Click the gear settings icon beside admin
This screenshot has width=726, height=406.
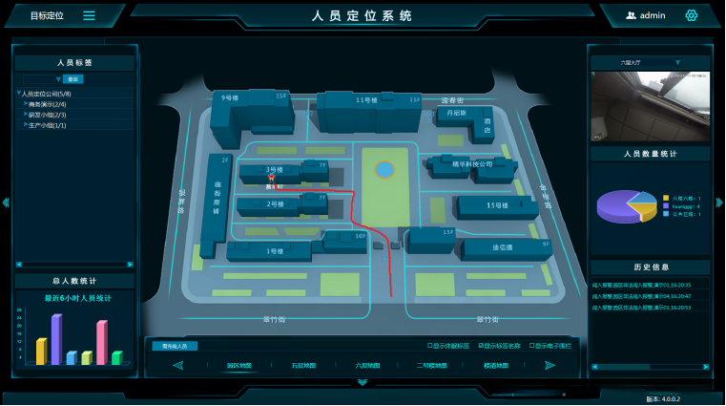pyautogui.click(x=692, y=15)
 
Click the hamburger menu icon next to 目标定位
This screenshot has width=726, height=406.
pyautogui.click(x=89, y=15)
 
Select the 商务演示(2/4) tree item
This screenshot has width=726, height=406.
pyautogui.click(x=47, y=104)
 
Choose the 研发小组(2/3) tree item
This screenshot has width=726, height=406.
pyautogui.click(x=47, y=115)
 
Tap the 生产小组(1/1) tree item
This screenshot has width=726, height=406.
pyautogui.click(x=47, y=125)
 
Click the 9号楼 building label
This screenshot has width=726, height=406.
pyautogui.click(x=229, y=97)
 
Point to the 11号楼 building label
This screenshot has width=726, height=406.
pyautogui.click(x=363, y=98)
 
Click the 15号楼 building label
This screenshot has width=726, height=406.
pyautogui.click(x=495, y=205)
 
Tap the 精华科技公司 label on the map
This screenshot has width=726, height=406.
pyautogui.click(x=473, y=163)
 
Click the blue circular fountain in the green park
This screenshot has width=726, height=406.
pyautogui.click(x=384, y=170)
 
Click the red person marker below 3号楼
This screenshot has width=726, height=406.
pyautogui.click(x=272, y=178)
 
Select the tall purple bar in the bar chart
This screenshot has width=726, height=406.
pyautogui.click(x=56, y=339)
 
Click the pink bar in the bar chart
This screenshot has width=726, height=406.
pyautogui.click(x=101, y=342)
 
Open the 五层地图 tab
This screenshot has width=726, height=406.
pyautogui.click(x=304, y=365)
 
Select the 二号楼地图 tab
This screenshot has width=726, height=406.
pyautogui.click(x=431, y=365)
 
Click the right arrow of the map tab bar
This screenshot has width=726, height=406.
pyautogui.click(x=550, y=365)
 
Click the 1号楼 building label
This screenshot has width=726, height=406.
pyautogui.click(x=275, y=250)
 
